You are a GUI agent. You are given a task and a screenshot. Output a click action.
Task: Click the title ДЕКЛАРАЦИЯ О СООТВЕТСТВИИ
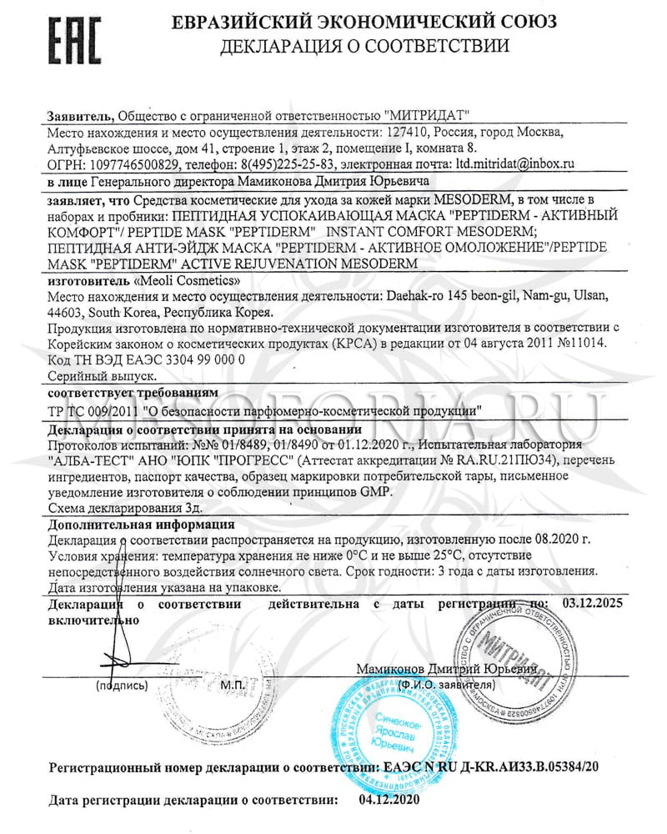click(x=365, y=47)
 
